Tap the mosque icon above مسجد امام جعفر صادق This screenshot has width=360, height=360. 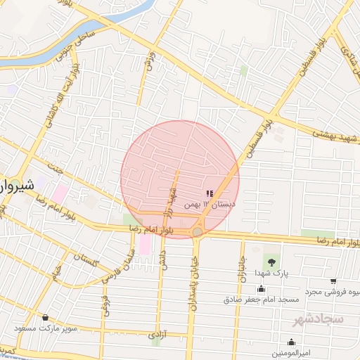(x=262, y=288)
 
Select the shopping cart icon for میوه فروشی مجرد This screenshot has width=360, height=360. (x=333, y=281)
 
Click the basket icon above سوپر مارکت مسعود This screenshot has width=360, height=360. (x=46, y=318)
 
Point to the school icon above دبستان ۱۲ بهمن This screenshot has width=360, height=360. (x=209, y=193)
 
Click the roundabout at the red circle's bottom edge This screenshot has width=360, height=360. (x=198, y=231)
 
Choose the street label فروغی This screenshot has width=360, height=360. (x=105, y=304)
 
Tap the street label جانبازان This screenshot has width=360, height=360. (x=241, y=267)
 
